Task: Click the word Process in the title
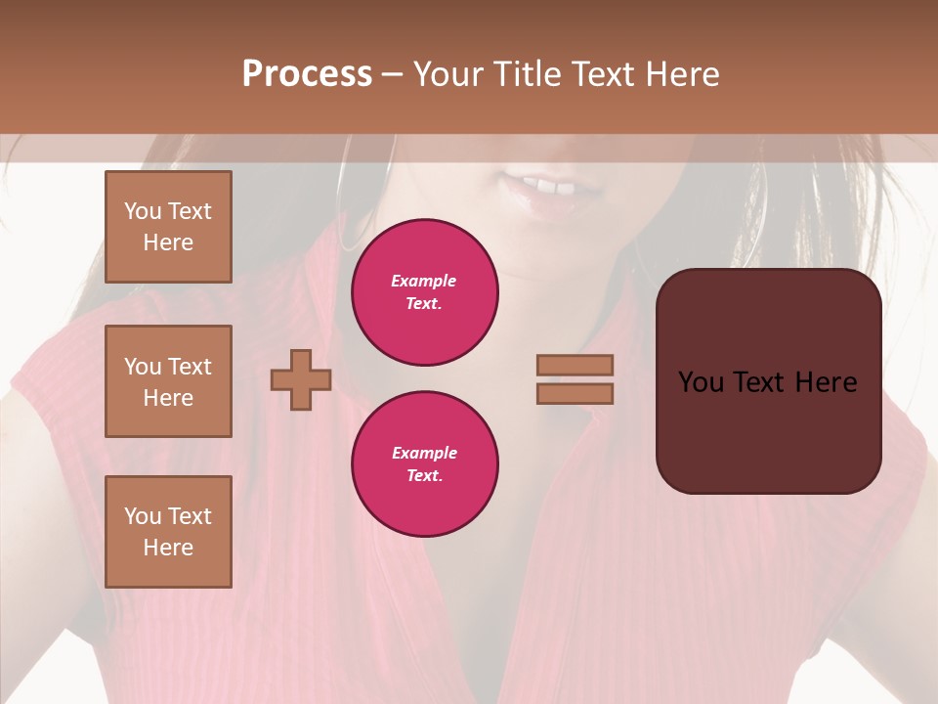(307, 74)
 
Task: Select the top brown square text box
(168, 227)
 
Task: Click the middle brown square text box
(168, 381)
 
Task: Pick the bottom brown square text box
(168, 532)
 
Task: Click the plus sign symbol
(301, 379)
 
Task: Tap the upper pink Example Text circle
(424, 292)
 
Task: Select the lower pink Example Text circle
(424, 464)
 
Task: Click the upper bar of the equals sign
(576, 365)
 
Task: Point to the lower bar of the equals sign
(576, 393)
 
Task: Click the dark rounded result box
(768, 430)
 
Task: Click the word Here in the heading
(681, 74)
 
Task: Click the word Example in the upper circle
(424, 281)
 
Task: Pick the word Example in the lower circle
(424, 453)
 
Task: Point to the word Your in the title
(450, 74)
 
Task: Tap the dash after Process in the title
(393, 75)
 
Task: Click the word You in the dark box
(701, 382)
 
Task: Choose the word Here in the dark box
(826, 382)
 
